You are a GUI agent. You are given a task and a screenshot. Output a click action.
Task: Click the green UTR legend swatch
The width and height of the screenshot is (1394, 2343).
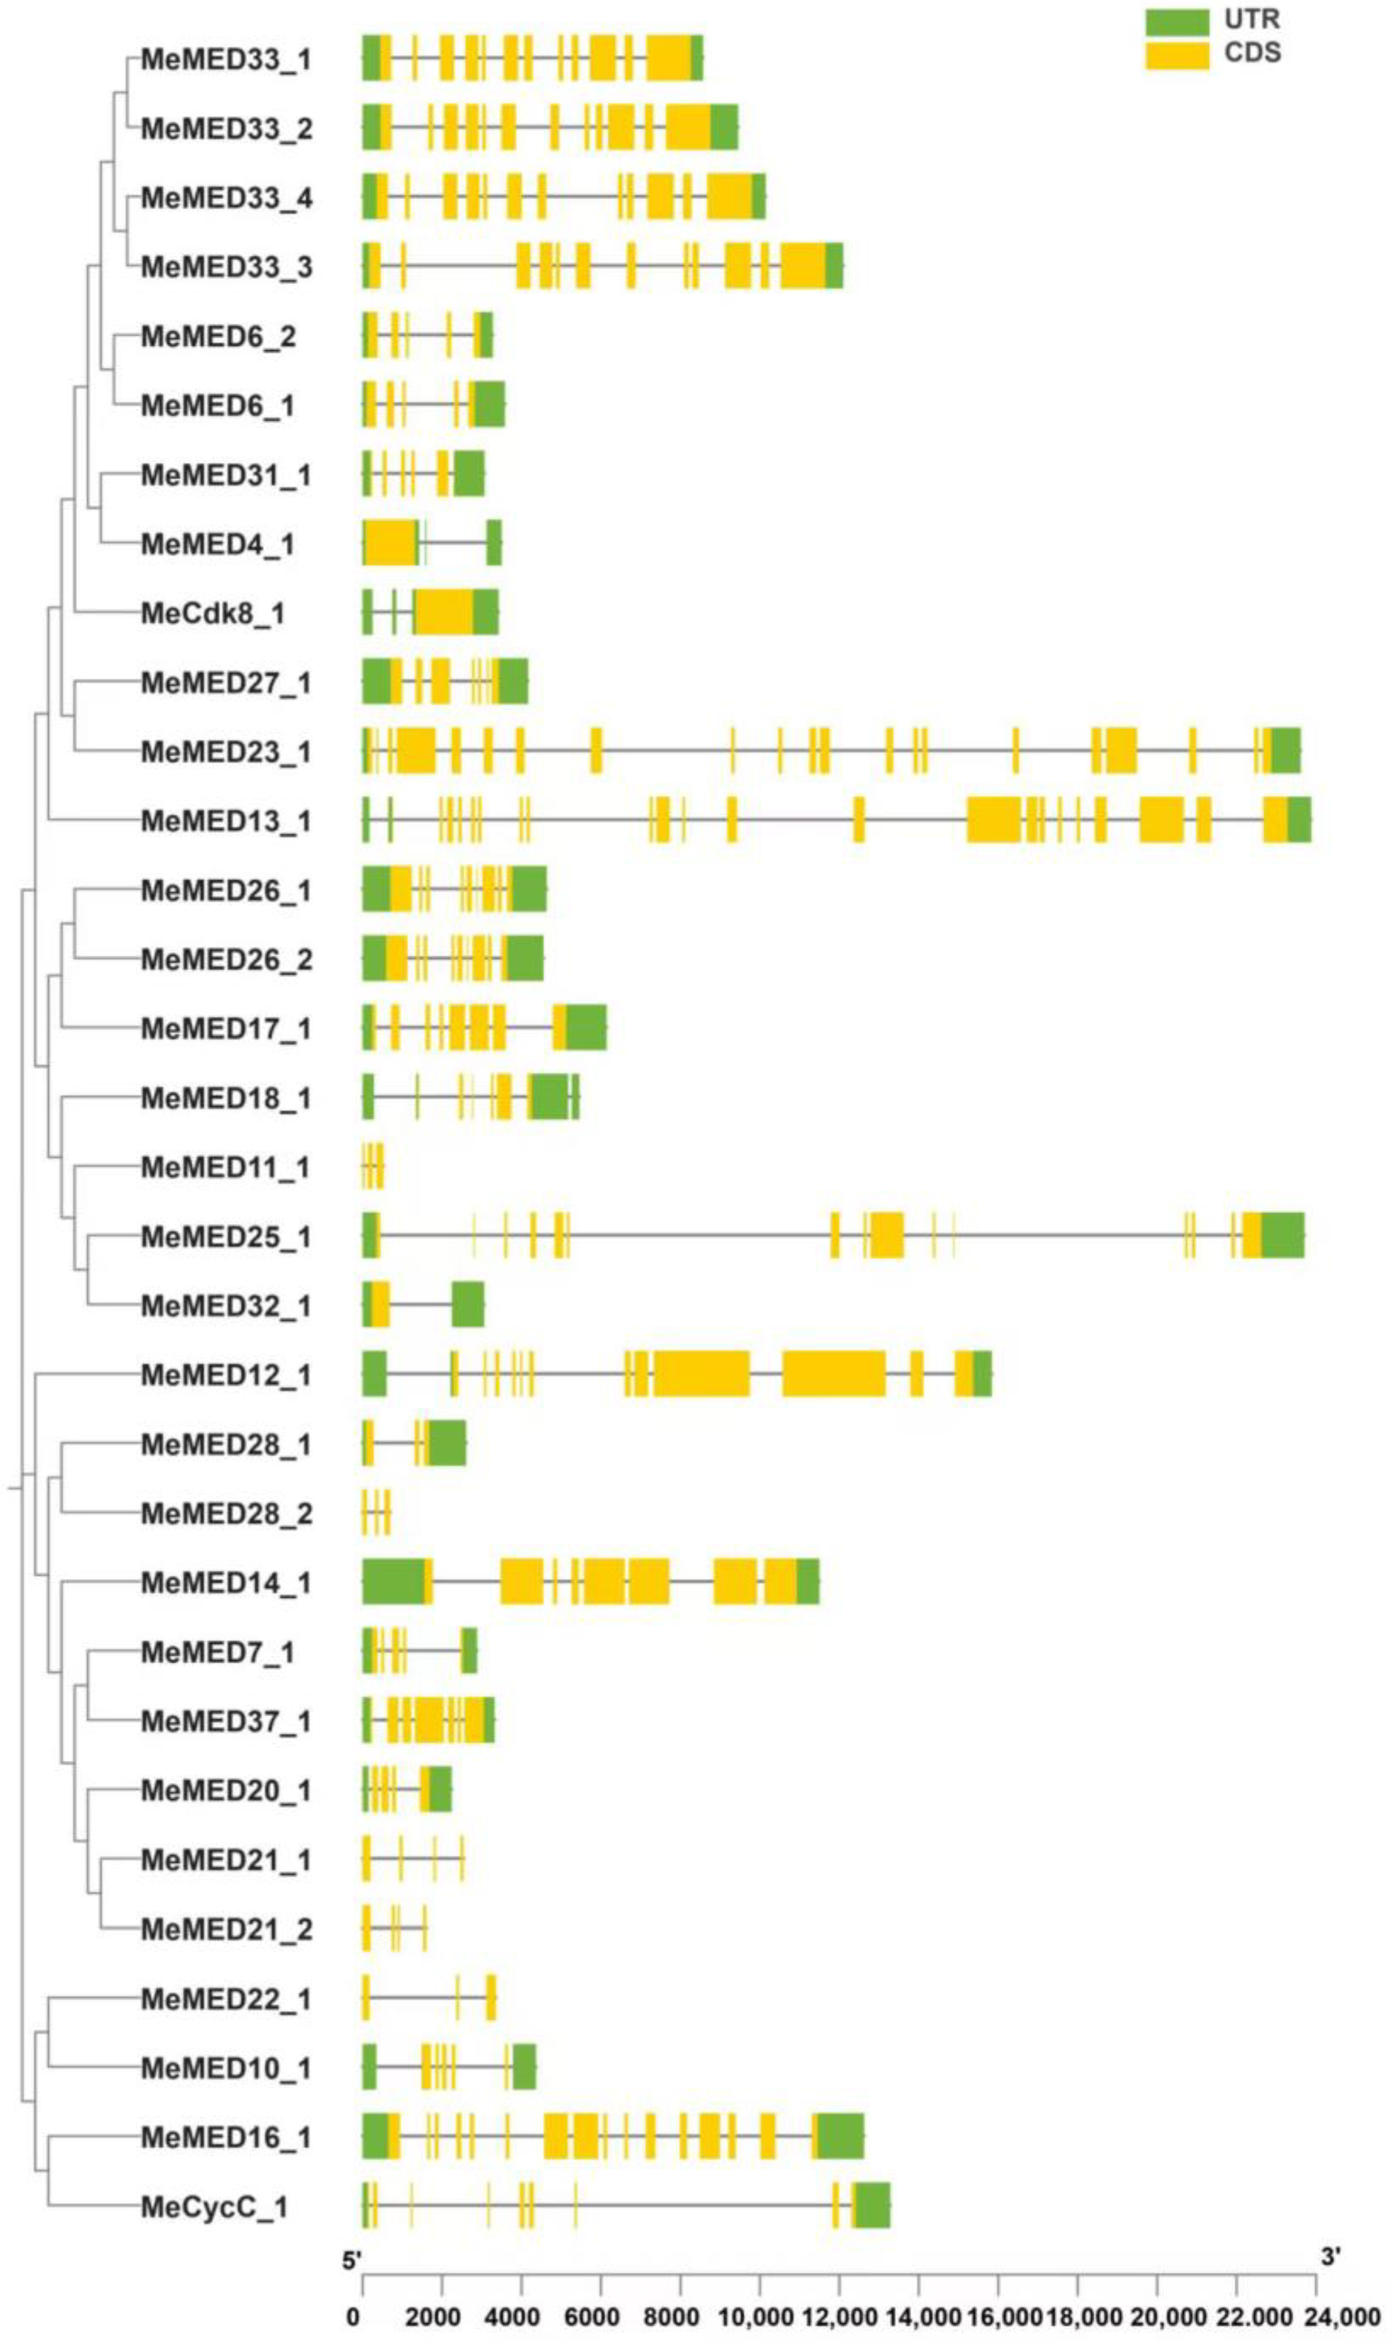pos(1176,22)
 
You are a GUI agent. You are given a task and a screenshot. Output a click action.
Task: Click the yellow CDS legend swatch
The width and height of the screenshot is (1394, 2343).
pos(1176,54)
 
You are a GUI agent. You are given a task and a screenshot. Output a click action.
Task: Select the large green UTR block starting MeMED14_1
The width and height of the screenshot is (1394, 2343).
pos(393,1583)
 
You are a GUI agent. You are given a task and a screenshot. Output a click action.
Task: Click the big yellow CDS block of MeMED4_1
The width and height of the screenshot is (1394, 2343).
pos(391,544)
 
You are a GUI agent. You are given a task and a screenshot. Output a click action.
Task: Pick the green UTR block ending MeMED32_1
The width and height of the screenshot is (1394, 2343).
pos(468,1305)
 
